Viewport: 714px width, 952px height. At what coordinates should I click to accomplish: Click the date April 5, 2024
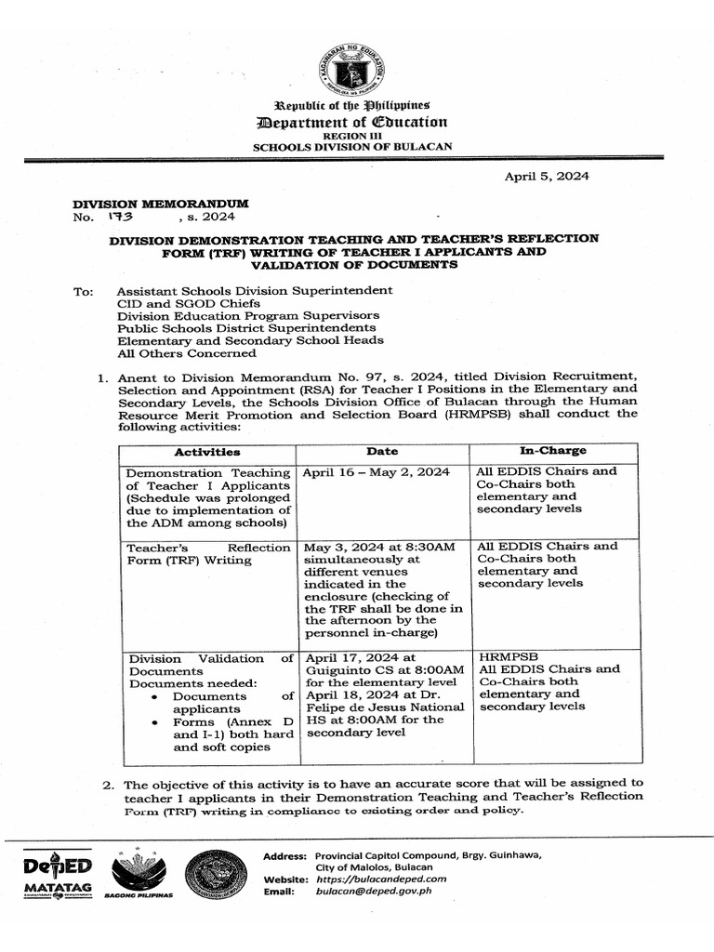point(546,176)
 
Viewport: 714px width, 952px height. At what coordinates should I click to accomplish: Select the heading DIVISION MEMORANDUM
point(161,203)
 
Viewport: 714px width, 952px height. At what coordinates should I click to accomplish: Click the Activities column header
point(206,452)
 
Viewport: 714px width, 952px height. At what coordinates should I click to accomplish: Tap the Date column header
point(381,451)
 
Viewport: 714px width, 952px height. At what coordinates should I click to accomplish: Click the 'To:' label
point(83,291)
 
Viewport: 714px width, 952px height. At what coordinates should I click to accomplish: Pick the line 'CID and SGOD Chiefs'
point(188,303)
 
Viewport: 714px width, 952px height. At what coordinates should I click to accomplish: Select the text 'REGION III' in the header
point(356,136)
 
